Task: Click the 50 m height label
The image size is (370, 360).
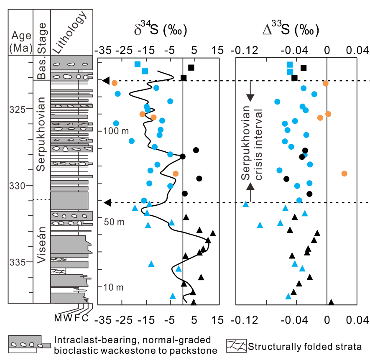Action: pos(114,222)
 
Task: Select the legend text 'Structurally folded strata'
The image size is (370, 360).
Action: pos(304,346)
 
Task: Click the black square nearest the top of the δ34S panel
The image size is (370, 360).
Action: pos(191,68)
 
